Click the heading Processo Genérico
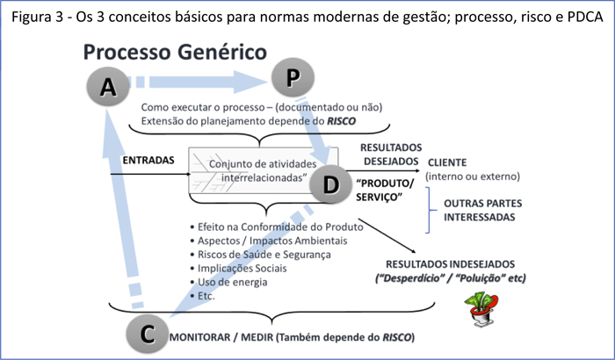click(x=175, y=52)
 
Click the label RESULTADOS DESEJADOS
click(x=391, y=154)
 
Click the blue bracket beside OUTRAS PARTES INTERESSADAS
click(x=429, y=211)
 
